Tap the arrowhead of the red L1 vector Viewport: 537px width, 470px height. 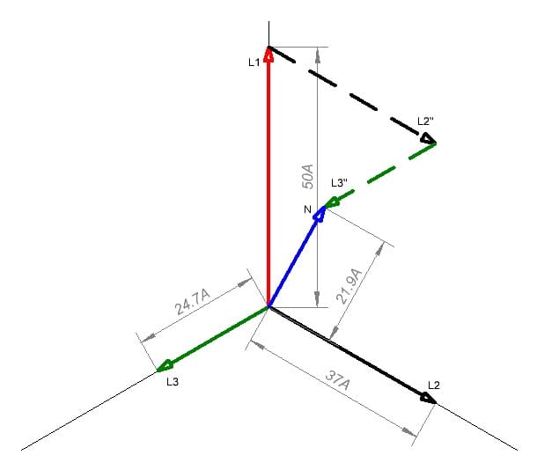pos(268,55)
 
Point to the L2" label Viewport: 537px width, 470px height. pos(426,120)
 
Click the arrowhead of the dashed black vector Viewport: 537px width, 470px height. pos(428,139)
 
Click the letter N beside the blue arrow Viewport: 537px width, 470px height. pos(307,209)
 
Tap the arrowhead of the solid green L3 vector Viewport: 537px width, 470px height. pos(165,365)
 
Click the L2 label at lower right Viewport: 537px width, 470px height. pos(433,385)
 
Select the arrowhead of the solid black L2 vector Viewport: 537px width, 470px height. pos(428,398)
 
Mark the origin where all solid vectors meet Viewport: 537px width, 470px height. pos(268,307)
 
